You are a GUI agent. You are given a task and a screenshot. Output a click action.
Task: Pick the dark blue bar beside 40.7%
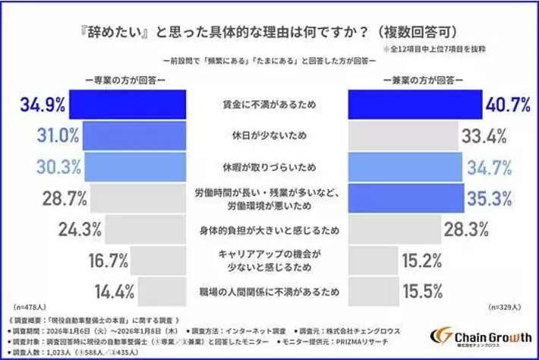(x=414, y=104)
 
